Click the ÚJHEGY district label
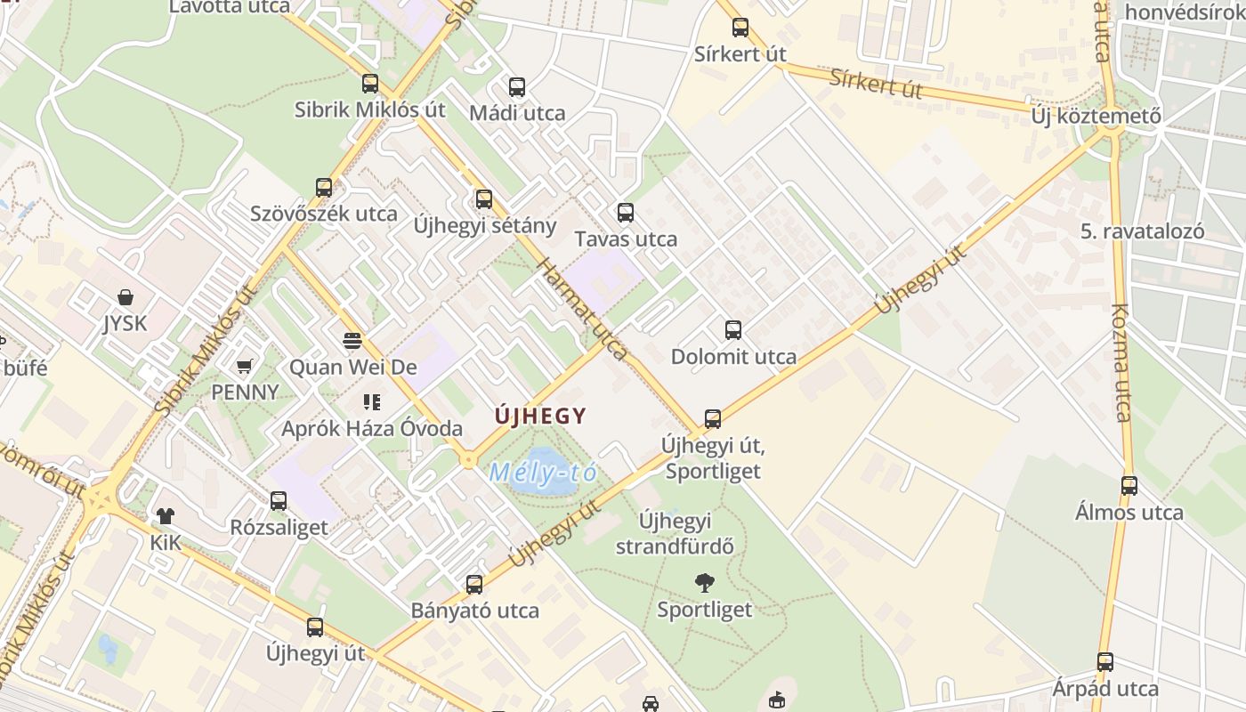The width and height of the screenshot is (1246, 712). tap(541, 416)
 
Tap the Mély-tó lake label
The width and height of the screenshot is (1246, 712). tap(542, 472)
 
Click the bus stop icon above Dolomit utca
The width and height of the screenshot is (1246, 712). tap(732, 330)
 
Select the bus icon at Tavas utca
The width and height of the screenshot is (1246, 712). tap(626, 212)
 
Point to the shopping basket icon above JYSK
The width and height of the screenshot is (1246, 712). tap(125, 296)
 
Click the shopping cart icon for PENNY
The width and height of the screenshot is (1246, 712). tap(244, 365)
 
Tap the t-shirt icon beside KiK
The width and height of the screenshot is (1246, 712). tap(166, 515)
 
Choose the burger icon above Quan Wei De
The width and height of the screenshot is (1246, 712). tap(352, 340)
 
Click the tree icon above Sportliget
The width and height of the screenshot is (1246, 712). tap(704, 583)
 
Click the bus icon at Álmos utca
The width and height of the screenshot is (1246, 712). tap(1129, 485)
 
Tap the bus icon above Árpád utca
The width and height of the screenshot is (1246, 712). tap(1104, 661)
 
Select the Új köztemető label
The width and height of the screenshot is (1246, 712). tap(1096, 116)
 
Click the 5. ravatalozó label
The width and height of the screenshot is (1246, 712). tap(1143, 231)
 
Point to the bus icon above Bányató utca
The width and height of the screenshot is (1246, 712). tap(474, 584)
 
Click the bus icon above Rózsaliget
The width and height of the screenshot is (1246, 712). tap(279, 500)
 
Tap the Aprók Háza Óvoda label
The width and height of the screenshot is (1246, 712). tap(372, 428)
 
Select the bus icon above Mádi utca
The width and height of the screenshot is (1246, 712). tap(516, 86)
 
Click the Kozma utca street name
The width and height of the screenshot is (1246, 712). tap(1121, 363)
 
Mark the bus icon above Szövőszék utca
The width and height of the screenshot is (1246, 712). tap(324, 187)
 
